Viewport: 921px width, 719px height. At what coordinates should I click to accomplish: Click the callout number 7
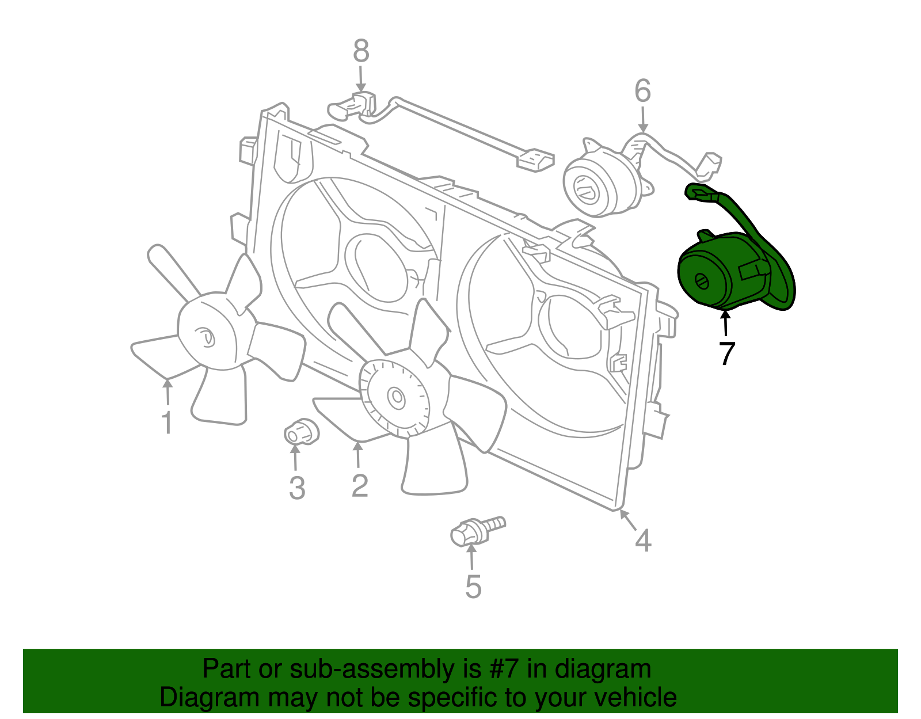pos(727,353)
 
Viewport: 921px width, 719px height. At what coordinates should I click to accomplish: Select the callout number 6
pos(642,92)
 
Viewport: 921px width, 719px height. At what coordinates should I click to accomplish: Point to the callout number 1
pos(166,423)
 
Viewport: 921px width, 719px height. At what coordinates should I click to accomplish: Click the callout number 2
pos(359,486)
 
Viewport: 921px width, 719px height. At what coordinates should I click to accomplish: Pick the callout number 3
pos(296,488)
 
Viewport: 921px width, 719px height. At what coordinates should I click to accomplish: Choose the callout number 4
pos(643,541)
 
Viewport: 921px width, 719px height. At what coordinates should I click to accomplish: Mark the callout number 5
pos(473,587)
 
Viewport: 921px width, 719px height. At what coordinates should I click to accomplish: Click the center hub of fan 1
pos(206,337)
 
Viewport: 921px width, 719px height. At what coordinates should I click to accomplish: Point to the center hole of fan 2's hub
pos(396,397)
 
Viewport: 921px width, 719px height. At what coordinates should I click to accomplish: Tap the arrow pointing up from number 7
pos(725,322)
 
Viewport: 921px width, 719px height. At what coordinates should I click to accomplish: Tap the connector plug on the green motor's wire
pos(700,192)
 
